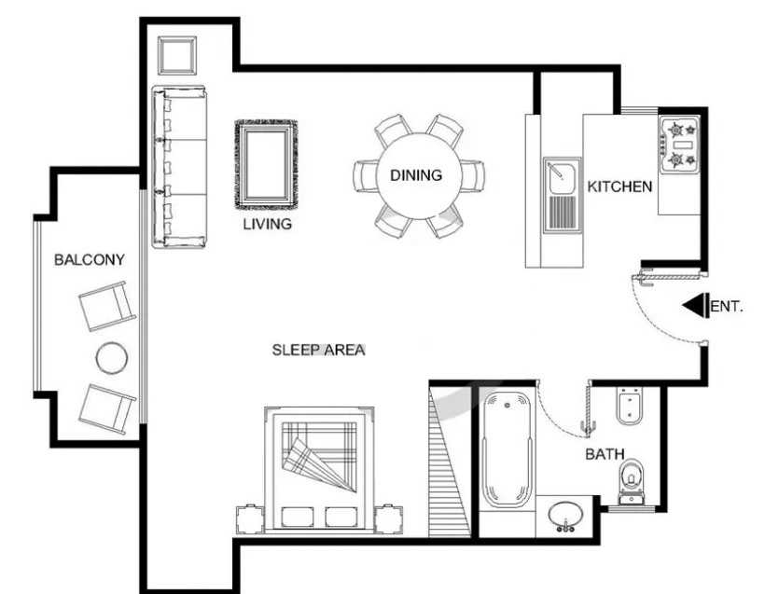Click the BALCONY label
click(90, 259)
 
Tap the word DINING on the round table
click(416, 175)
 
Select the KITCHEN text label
click(619, 186)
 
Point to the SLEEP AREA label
click(318, 350)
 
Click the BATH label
click(605, 454)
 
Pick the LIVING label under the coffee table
click(268, 224)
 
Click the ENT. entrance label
click(727, 307)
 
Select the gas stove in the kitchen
click(681, 145)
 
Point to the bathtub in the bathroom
click(507, 450)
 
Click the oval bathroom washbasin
click(565, 516)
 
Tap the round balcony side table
click(112, 358)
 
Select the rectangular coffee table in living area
click(267, 165)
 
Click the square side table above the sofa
click(176, 55)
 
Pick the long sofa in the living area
click(179, 167)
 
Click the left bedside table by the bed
click(250, 519)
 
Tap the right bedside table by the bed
click(389, 519)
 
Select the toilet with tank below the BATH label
click(632, 480)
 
